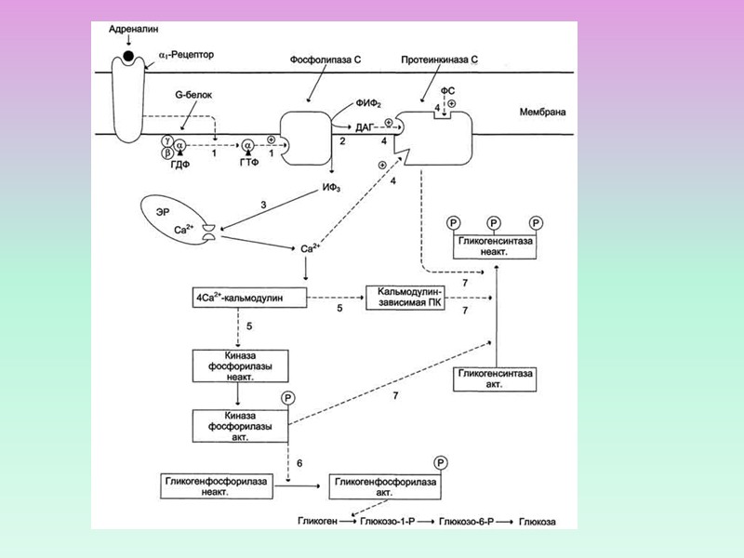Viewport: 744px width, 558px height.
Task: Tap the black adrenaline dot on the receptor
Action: click(127, 57)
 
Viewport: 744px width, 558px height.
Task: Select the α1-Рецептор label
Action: click(186, 55)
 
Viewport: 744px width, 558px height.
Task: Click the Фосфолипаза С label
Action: click(327, 60)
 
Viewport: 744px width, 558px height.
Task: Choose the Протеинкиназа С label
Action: click(440, 60)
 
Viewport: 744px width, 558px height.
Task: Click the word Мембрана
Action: click(543, 113)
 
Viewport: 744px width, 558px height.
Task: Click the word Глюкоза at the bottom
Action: click(537, 523)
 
